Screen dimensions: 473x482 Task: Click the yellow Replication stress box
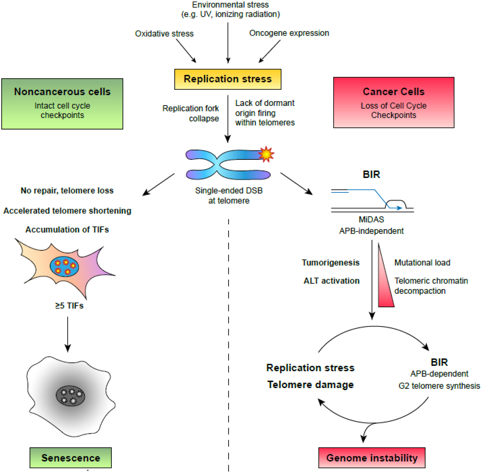coord(228,79)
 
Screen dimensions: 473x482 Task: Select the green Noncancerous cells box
coord(62,104)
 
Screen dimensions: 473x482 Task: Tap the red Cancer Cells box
coord(394,102)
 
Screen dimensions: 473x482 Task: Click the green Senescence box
coord(70,458)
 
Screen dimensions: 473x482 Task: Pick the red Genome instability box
coord(372,458)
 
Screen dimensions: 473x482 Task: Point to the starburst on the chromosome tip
coord(266,154)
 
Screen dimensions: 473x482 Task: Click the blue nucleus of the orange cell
coord(64,266)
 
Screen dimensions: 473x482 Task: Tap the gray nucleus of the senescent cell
coord(70,396)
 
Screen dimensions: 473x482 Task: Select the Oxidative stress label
coord(164,34)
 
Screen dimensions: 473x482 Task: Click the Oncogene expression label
coord(289,33)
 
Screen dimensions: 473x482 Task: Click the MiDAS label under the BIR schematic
coord(371,220)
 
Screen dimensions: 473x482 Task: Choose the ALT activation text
coord(332,281)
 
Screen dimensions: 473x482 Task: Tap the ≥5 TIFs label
coord(69,306)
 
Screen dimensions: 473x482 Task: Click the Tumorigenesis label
coord(330,262)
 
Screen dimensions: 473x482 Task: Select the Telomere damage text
coord(310,385)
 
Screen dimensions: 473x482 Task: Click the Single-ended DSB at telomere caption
coord(229,196)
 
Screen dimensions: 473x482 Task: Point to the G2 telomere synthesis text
coord(439,386)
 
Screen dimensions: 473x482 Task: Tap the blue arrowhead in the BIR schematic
coord(399,208)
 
